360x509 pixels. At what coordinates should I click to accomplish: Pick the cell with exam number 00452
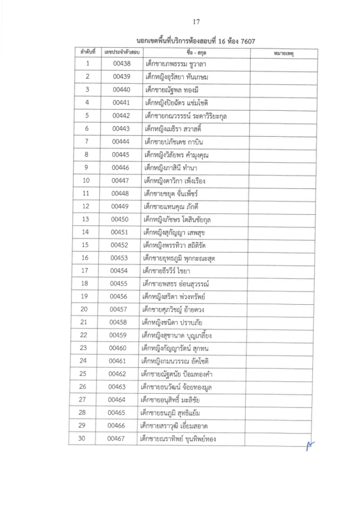point(120,245)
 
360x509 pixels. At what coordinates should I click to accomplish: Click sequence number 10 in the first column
point(86,180)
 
